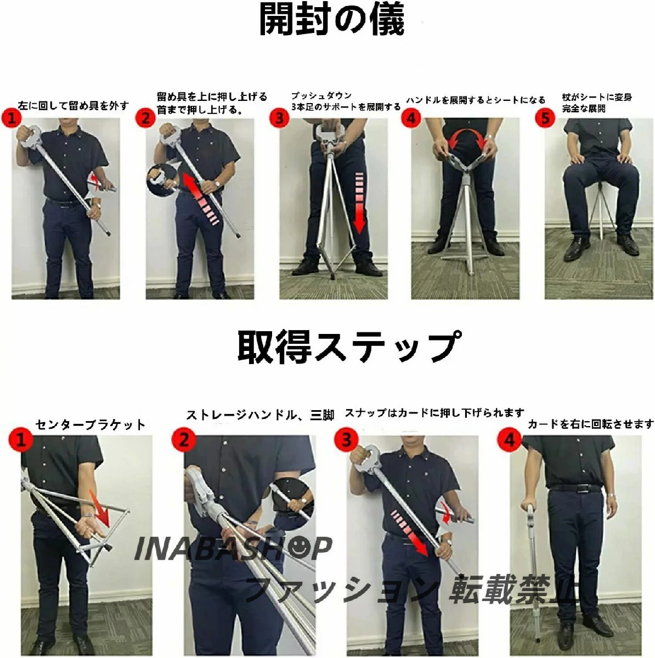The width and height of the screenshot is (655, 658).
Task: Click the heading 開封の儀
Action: tap(331, 20)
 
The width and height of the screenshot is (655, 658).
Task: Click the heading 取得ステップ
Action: tap(349, 346)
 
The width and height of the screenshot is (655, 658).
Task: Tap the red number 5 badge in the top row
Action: tap(545, 118)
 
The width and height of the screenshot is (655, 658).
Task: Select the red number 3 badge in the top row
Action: tap(279, 118)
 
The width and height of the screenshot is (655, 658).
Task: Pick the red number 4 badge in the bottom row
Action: tap(509, 439)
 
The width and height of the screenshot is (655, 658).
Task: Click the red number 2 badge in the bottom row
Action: tap(183, 439)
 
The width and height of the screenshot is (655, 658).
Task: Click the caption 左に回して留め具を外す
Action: tap(74, 105)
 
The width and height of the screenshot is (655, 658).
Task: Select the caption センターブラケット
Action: tap(90, 425)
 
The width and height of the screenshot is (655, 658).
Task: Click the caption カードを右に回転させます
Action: tap(591, 424)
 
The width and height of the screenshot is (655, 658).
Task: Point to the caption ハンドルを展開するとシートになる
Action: tap(476, 100)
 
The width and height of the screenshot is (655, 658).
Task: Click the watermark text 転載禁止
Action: tap(513, 589)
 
